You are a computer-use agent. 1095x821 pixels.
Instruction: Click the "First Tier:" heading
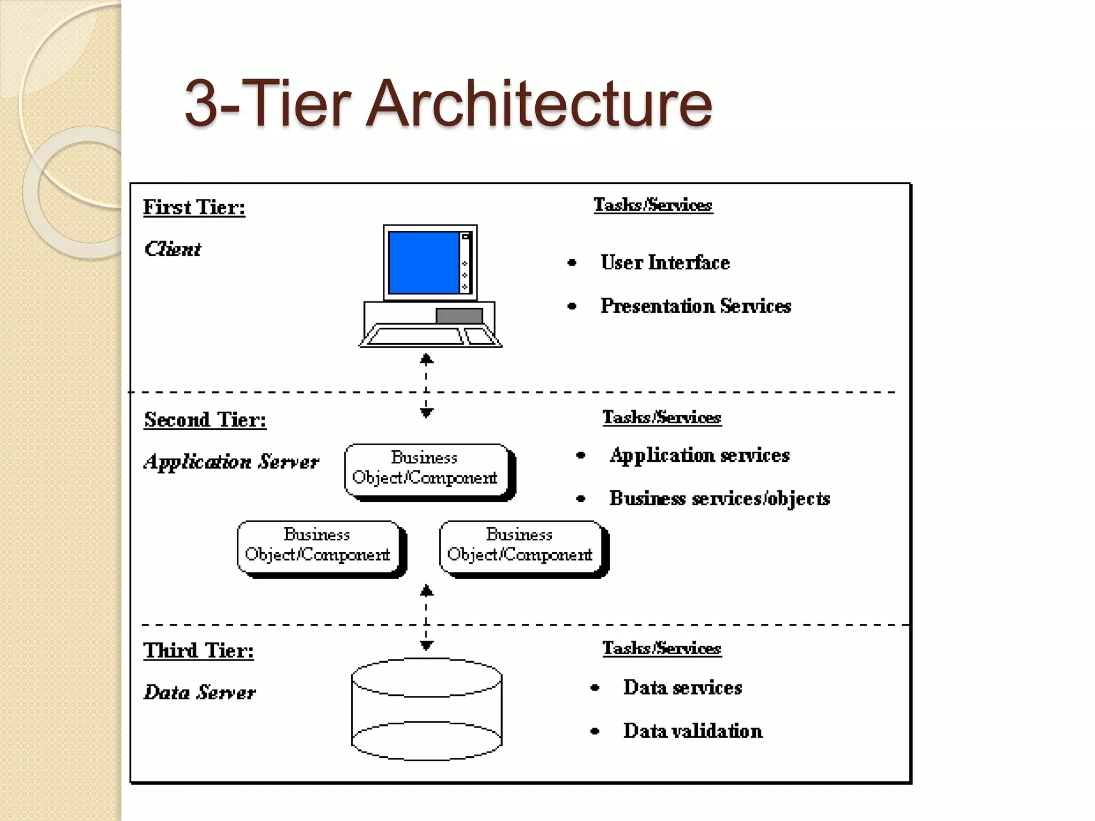click(194, 207)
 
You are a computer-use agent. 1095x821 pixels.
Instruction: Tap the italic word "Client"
click(173, 249)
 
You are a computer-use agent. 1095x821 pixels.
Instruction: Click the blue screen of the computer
click(423, 262)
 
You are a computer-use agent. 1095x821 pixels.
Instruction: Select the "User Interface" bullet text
click(665, 262)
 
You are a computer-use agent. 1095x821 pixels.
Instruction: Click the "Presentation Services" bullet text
click(695, 306)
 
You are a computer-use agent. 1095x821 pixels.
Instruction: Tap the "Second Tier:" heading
click(205, 420)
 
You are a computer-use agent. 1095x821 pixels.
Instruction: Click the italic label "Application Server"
click(231, 461)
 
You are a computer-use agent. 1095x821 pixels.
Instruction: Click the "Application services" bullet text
click(699, 455)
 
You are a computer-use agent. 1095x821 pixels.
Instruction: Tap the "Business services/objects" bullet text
click(719, 498)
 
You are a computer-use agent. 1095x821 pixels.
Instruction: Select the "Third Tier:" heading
click(198, 650)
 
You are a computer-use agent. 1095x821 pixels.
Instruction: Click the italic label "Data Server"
click(200, 692)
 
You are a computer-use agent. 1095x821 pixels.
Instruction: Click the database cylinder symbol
click(426, 709)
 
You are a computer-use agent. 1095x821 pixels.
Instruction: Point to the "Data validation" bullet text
click(692, 731)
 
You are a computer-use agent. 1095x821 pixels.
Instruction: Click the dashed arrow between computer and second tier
click(426, 385)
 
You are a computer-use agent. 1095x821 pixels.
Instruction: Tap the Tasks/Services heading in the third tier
click(662, 648)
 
